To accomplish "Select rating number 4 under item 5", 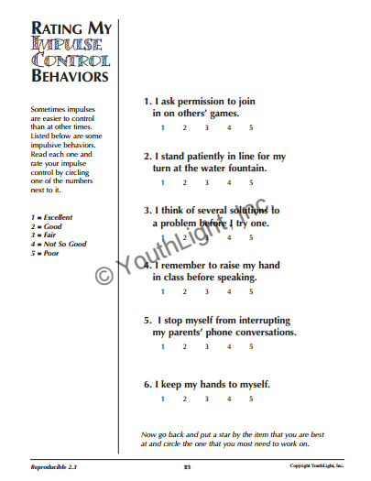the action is point(229,347).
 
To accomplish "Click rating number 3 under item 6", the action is point(207,399).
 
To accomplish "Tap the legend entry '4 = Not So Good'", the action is point(58,244).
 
